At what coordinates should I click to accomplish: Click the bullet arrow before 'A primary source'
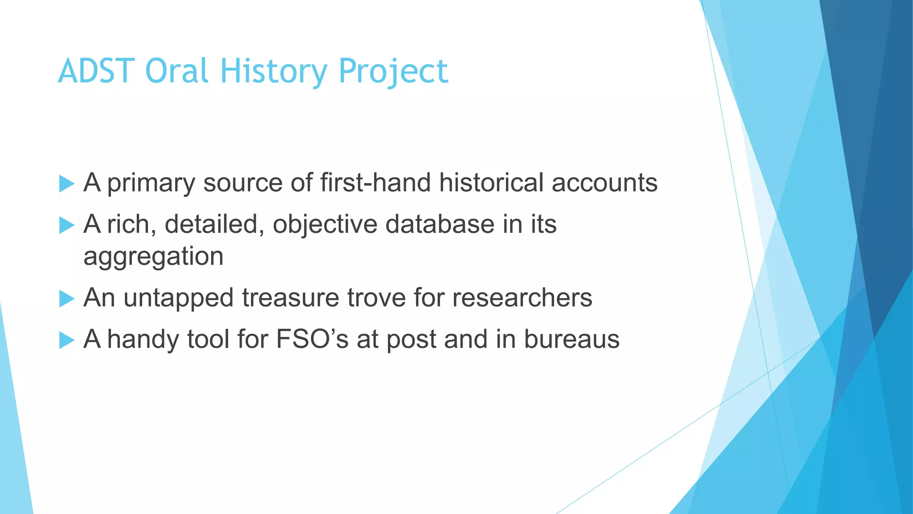coord(66,184)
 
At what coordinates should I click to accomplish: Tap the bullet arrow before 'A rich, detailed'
coord(66,225)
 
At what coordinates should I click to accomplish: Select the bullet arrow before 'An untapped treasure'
coord(66,298)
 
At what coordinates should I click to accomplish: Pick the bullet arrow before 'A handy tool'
coord(66,340)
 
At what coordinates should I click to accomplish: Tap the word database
coord(440,224)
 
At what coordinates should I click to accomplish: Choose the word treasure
coord(290,298)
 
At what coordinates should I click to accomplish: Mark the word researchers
coord(522,298)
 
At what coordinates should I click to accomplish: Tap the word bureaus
coord(572,339)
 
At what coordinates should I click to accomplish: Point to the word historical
coord(491,182)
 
